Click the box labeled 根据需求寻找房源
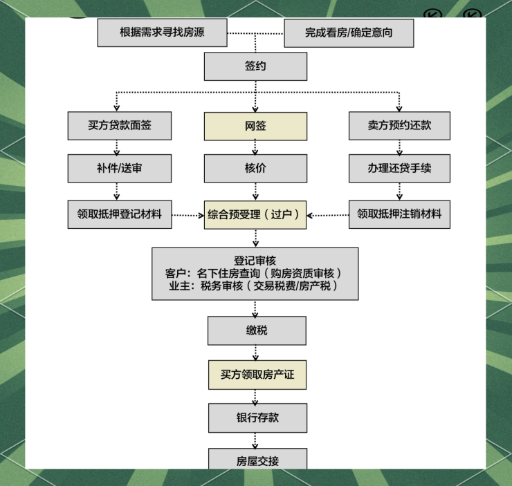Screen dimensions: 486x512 163,32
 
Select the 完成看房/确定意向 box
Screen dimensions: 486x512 349,32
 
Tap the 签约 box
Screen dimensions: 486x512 255,67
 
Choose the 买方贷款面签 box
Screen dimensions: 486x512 120,126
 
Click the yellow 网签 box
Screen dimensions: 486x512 255,126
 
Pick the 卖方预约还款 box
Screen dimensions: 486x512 399,126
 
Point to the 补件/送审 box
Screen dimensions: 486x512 120,168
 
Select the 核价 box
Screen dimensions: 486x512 255,168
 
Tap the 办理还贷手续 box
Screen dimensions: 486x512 399,168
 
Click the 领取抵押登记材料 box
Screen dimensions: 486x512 120,214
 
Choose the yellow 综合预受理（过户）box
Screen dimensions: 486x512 255,214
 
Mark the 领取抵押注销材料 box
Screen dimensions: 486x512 399,214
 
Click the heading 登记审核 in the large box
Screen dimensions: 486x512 255,261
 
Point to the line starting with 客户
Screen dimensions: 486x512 255,274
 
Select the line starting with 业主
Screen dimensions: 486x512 255,286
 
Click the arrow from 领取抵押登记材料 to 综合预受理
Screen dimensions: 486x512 188,215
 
